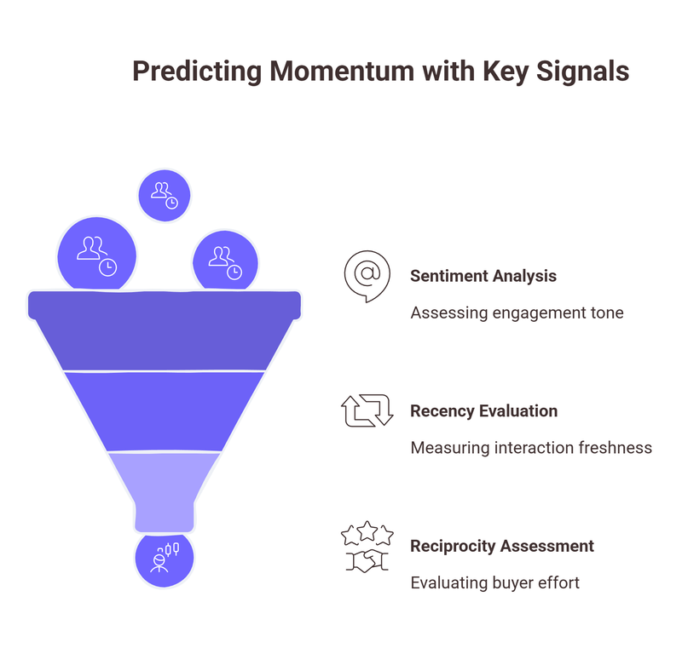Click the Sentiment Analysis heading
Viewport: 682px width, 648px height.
(x=483, y=276)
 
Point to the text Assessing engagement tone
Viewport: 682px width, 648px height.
(x=517, y=313)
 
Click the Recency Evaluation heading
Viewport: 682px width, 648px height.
(x=483, y=410)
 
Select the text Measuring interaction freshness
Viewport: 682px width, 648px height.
(x=530, y=447)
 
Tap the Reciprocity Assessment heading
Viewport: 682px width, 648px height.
(x=501, y=546)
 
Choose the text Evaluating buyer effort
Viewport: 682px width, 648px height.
(x=494, y=582)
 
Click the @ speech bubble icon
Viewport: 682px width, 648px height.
(x=367, y=276)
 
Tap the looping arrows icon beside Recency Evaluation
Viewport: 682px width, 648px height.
(x=367, y=410)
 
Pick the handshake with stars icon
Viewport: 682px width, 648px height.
(x=367, y=548)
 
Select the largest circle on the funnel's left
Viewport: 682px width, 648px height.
(x=96, y=254)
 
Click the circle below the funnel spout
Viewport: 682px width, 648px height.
(x=164, y=559)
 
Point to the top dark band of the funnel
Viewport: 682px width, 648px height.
(x=164, y=332)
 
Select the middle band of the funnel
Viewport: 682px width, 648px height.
(x=164, y=411)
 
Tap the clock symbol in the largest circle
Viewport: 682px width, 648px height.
(x=107, y=267)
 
